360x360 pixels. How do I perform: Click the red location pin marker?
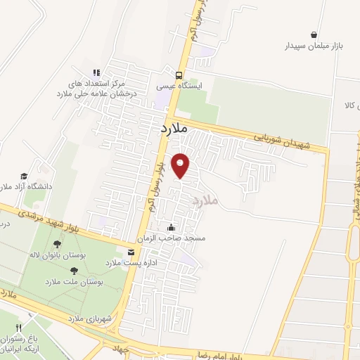point(182,165)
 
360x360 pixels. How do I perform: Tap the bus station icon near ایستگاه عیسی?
point(179,75)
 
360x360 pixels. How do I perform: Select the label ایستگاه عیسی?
point(179,86)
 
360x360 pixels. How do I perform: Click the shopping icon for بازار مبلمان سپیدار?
point(313,34)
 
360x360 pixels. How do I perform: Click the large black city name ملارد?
point(172,129)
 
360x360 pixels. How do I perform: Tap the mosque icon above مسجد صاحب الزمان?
point(172,227)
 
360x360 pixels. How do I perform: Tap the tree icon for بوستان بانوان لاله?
point(57,245)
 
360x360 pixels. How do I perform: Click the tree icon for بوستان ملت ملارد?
point(74,269)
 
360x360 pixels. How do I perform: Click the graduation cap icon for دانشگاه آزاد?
point(24,176)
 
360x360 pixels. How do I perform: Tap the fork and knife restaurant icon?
point(20,328)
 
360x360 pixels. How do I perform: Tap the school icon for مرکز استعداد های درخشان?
point(97,72)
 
